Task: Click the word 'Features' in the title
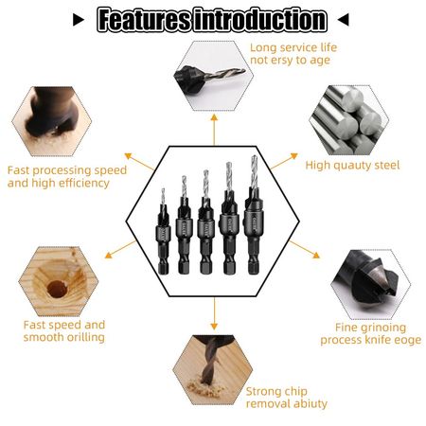coord(145,20)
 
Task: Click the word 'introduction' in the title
coord(260,20)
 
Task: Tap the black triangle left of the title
coord(79,20)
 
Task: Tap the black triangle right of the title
coord(343,20)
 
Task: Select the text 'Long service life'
coord(293,47)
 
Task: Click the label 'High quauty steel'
coord(352,165)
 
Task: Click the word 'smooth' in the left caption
coord(43,337)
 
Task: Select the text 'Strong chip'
coord(276,392)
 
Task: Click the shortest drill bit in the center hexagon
coord(163,232)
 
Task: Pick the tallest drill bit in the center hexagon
coord(254,215)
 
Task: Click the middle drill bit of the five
coord(205,222)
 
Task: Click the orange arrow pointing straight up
coord(214,130)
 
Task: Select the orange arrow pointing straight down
coord(214,313)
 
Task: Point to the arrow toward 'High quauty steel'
coord(284,161)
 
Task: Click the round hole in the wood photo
coord(57,289)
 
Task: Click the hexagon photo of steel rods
coord(349,120)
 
